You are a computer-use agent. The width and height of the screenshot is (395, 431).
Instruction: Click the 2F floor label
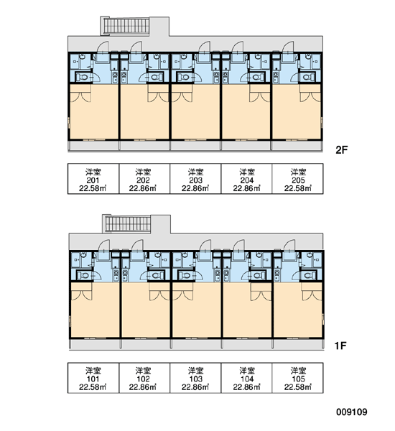click(x=342, y=150)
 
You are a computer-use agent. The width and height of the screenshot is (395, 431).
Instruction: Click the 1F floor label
click(x=340, y=346)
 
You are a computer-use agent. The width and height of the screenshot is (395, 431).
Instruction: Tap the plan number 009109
click(x=352, y=412)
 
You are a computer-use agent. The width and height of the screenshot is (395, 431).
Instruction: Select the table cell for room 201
click(x=93, y=179)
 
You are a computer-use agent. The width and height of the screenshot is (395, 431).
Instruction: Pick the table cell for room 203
click(x=195, y=179)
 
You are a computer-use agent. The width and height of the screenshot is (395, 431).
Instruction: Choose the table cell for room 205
click(x=298, y=179)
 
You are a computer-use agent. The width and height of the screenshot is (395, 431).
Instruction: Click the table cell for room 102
click(x=144, y=378)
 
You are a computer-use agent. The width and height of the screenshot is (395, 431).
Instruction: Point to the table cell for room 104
click(x=246, y=378)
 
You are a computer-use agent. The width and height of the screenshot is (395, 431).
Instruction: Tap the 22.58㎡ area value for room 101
click(x=93, y=387)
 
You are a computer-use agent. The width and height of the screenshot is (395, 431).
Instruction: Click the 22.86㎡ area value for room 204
click(x=246, y=188)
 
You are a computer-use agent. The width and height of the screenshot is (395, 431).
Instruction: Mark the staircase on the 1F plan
click(x=126, y=224)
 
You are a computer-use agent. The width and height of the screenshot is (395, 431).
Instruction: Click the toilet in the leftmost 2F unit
click(x=83, y=77)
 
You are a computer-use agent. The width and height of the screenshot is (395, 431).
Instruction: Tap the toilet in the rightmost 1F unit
click(x=310, y=275)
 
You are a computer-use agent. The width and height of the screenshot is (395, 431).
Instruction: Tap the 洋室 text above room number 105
click(x=298, y=371)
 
